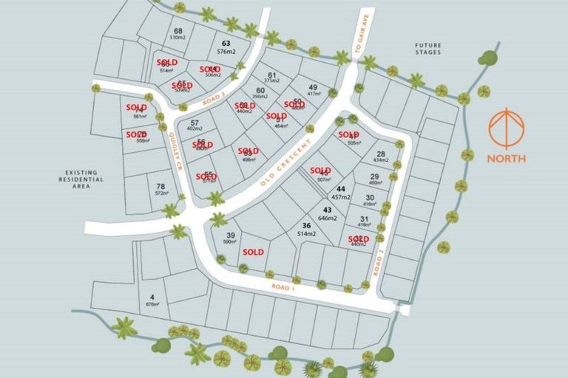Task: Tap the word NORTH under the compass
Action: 507,158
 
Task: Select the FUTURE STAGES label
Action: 428,49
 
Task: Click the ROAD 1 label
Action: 283,286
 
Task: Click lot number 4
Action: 152,300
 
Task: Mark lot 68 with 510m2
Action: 178,33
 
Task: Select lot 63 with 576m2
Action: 226,47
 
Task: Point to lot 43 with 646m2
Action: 328,214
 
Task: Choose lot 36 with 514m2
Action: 305,230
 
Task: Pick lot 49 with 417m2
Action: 313,90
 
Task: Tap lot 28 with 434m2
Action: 381,157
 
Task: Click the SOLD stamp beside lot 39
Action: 253,252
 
